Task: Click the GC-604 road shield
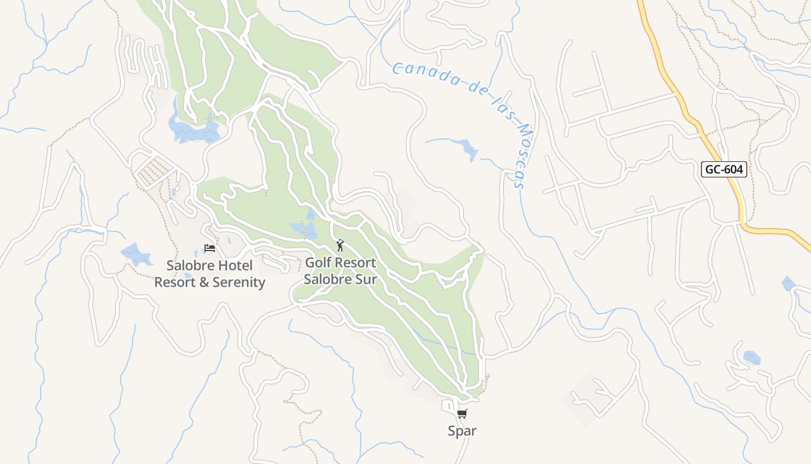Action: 724,169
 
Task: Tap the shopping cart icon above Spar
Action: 462,414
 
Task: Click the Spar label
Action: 462,431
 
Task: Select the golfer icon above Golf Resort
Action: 340,245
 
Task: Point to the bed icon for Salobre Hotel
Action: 210,248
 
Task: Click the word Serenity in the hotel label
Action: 239,282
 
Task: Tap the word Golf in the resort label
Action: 318,263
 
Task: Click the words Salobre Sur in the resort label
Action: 340,280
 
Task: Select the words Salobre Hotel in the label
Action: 209,266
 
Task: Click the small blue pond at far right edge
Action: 788,284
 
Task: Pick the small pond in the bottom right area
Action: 751,357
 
